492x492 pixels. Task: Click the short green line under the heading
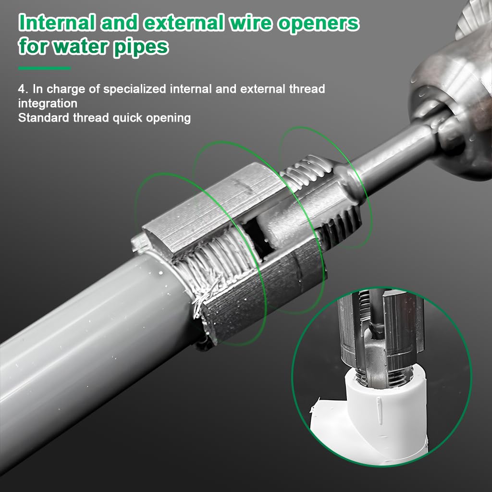[44, 68]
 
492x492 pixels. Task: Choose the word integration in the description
[48, 103]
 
